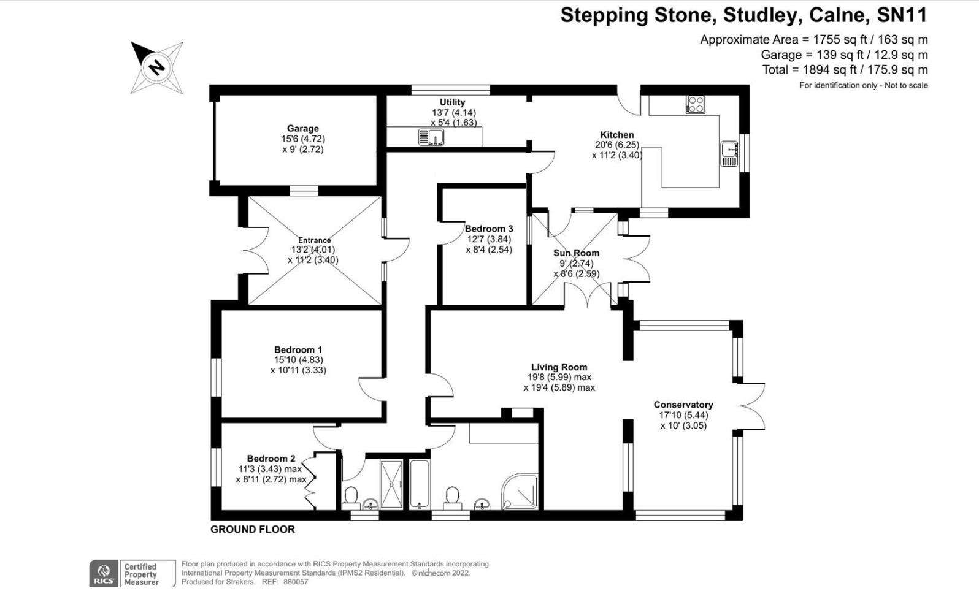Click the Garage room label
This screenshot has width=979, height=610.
(302, 129)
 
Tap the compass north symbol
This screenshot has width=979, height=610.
(157, 67)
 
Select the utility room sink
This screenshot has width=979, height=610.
(431, 137)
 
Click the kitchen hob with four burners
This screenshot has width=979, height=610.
(695, 105)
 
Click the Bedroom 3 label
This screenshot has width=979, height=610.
(488, 229)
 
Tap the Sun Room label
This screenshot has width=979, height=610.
(576, 253)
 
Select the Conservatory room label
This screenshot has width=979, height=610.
(683, 405)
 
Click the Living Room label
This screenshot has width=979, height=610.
(559, 367)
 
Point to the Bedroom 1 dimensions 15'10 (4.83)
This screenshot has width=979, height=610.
(298, 360)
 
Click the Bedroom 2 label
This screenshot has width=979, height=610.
(271, 459)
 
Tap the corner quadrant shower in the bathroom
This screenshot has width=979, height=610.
(520, 493)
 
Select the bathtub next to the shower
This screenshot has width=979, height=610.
(420, 484)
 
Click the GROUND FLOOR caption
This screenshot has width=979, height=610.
(252, 529)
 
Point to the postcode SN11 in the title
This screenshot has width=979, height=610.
(902, 15)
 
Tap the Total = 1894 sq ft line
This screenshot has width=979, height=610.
(845, 70)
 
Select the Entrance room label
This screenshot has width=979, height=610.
(314, 240)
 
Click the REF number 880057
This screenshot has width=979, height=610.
(296, 582)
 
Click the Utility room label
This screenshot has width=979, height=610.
(452, 102)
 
